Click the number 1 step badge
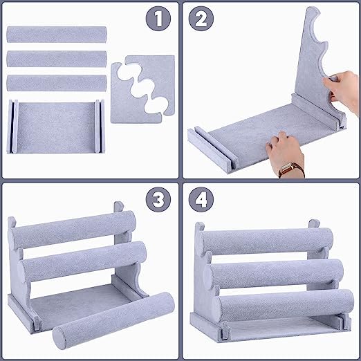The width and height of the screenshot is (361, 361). click(158, 19)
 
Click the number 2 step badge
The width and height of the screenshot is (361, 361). click(201, 19)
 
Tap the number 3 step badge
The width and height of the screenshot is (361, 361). click(158, 199)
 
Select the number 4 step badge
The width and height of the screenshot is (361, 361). click(201, 199)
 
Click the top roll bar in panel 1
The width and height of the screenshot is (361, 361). click(57, 35)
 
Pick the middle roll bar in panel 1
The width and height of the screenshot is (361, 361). click(57, 59)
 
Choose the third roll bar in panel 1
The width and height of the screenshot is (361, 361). click(57, 83)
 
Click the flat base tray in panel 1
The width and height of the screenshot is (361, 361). click(55, 127)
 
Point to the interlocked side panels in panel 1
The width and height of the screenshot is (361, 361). click(142, 89)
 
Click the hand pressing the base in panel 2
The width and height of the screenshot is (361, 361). click(285, 154)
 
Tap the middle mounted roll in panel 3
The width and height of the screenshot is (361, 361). click(84, 261)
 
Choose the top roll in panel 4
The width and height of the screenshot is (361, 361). click(267, 241)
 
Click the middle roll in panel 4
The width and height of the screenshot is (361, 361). click(274, 274)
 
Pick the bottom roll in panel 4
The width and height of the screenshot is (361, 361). click(283, 306)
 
